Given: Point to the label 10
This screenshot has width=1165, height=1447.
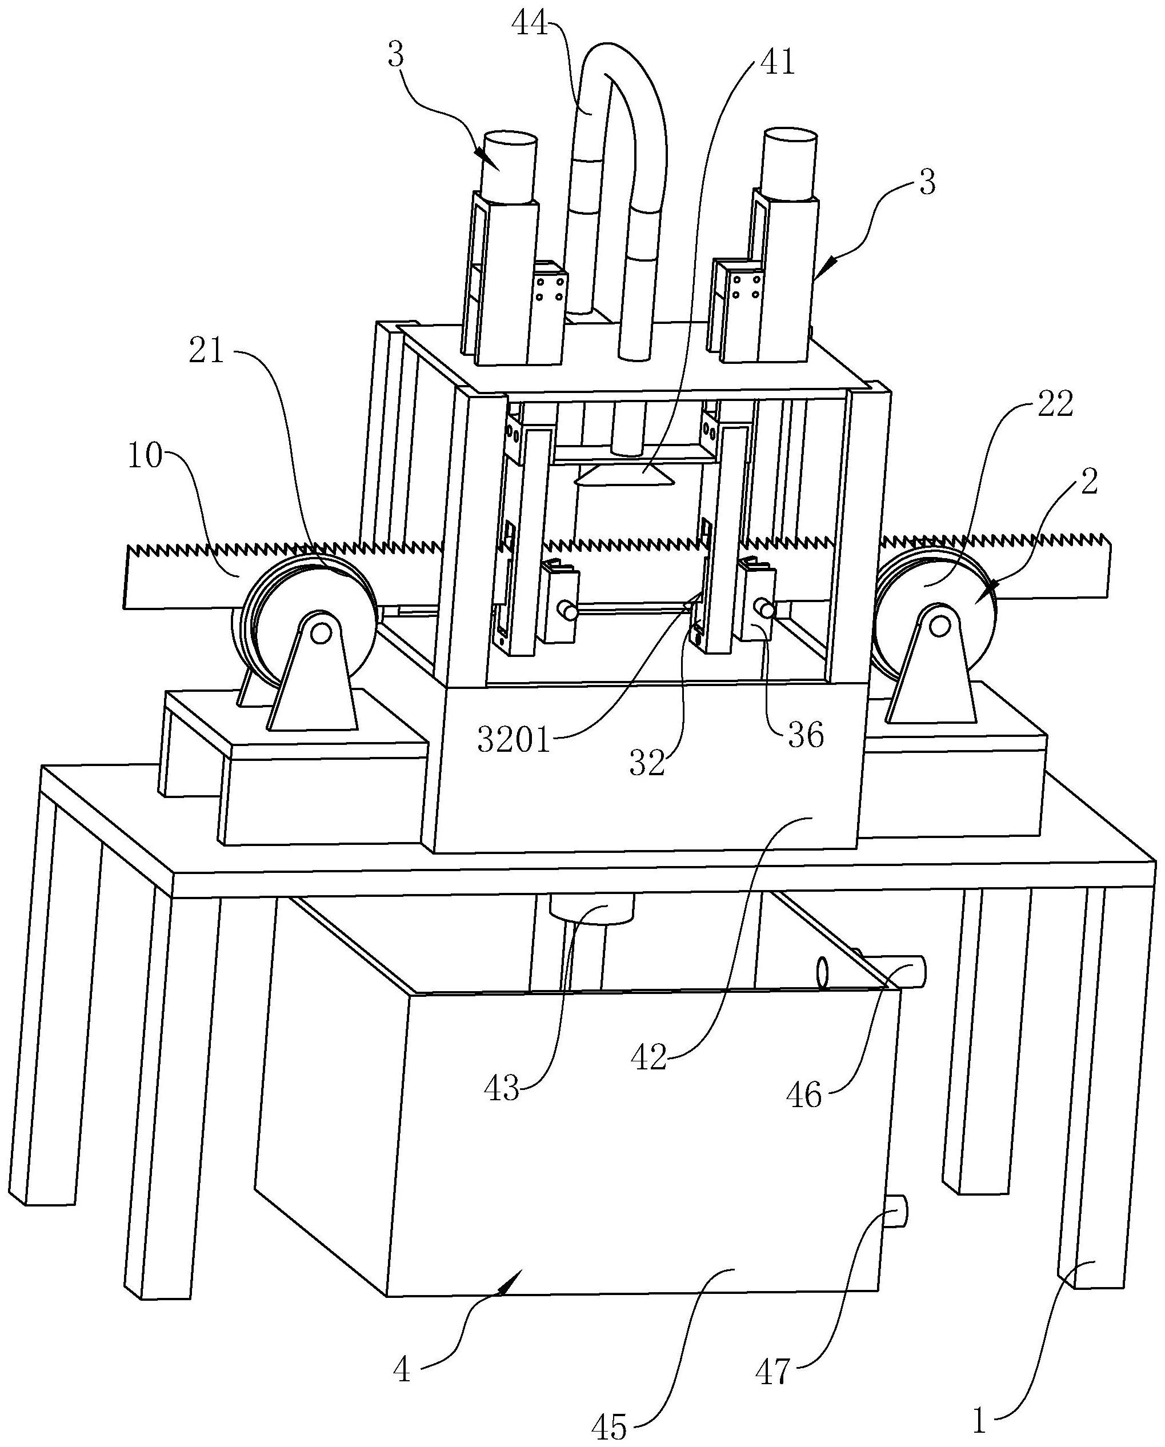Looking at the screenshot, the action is (145, 457).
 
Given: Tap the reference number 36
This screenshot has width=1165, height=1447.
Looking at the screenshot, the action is (805, 736).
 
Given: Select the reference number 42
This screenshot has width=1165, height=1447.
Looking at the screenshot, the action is (648, 1058).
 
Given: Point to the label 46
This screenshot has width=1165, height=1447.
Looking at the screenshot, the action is (804, 1096).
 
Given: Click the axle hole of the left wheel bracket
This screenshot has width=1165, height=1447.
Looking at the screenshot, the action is (321, 632).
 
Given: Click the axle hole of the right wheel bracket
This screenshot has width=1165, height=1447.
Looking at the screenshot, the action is (940, 626).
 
